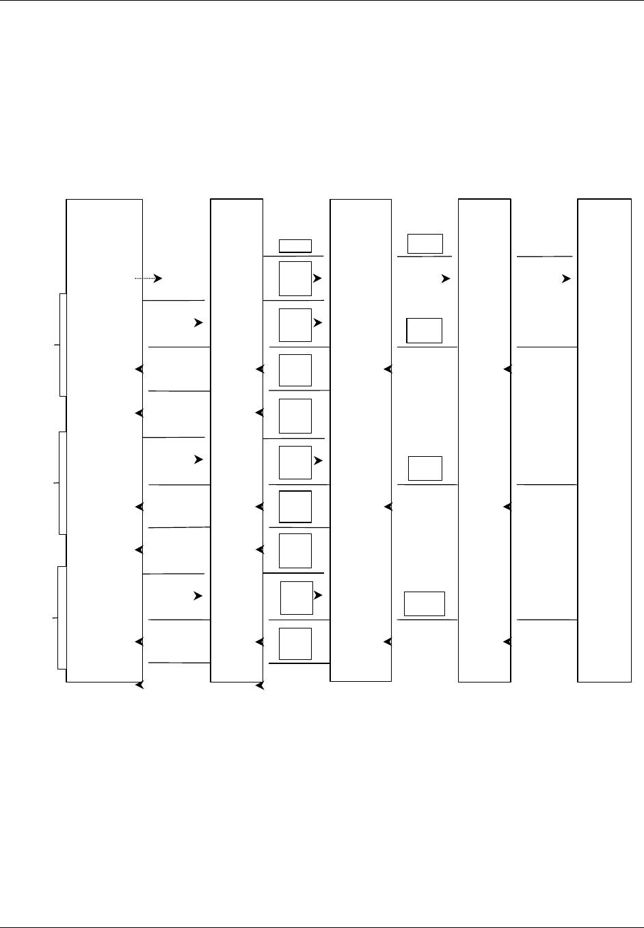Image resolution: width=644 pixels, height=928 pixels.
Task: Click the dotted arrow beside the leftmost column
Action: coord(148,278)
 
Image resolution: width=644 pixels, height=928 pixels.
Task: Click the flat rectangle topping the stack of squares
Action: coord(295,246)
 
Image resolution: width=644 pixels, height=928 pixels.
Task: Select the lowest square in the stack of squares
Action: coord(295,644)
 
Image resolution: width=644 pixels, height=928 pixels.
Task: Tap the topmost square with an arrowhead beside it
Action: coord(295,278)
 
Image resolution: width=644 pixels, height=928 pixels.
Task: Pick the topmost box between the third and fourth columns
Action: coord(425,243)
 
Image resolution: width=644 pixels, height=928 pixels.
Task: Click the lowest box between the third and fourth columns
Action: coord(424,604)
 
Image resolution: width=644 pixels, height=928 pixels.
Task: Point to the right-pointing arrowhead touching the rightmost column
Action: coord(567,279)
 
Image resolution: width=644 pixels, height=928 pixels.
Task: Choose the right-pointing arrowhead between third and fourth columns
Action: coord(446,279)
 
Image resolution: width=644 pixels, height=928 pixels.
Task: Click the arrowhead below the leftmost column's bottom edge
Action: coord(139,685)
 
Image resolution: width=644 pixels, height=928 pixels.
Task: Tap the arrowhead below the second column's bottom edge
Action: coord(259,685)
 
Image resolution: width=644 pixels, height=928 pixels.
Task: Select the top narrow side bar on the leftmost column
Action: coord(63,345)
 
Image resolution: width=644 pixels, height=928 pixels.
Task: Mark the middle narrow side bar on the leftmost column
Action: coord(63,483)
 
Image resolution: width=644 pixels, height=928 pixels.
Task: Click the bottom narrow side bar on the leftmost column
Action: coord(62,618)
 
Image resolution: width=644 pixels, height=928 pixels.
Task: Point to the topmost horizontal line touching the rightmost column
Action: coord(544,256)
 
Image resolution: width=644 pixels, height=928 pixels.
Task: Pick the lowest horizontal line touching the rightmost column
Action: coord(547,620)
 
